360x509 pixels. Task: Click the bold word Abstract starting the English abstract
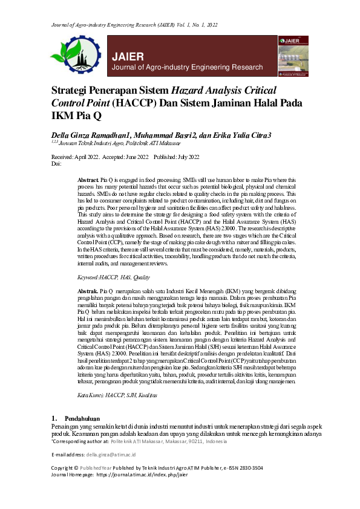click(88, 180)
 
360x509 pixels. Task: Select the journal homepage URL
click(141, 475)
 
